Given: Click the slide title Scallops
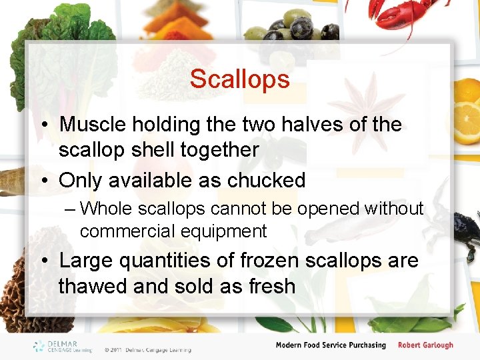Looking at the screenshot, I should click(x=239, y=79).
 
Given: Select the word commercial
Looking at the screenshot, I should click(x=127, y=231).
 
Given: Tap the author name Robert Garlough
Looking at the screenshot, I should click(x=425, y=345).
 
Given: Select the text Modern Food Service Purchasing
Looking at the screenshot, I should click(x=331, y=345).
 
